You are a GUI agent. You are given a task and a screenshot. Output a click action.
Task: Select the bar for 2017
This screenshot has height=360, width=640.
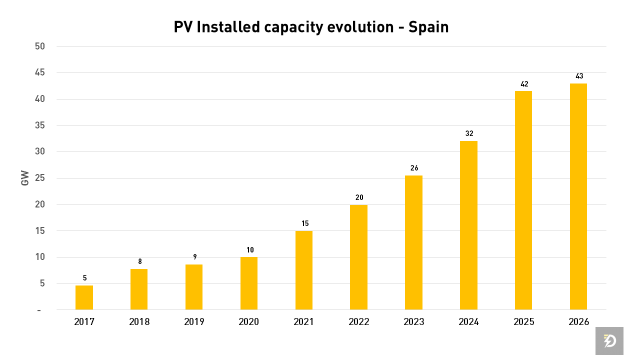click(x=84, y=297)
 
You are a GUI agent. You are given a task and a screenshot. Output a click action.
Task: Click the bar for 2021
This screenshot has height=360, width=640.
click(x=304, y=270)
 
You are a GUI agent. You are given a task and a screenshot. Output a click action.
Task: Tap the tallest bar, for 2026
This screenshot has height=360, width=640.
click(x=578, y=196)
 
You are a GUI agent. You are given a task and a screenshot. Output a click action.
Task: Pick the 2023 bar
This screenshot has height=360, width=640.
click(x=413, y=242)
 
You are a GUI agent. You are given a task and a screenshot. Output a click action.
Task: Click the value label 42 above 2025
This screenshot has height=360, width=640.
click(x=524, y=84)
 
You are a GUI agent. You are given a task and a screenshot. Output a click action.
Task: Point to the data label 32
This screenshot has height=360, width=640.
click(x=469, y=133)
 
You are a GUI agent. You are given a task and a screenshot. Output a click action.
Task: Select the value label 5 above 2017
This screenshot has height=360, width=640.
click(x=84, y=278)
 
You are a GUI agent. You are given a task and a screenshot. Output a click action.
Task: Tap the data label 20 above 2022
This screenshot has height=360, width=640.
click(x=359, y=197)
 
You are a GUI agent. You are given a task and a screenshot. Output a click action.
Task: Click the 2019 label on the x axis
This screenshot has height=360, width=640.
click(x=194, y=322)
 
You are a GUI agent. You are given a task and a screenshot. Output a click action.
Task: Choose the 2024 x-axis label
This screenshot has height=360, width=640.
click(x=468, y=322)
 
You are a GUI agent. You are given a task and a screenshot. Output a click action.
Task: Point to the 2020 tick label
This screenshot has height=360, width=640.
click(x=249, y=322)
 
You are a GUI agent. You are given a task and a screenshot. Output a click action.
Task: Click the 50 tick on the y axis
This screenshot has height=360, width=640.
click(x=39, y=46)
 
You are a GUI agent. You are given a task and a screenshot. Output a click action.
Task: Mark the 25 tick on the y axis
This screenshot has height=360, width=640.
click(x=39, y=178)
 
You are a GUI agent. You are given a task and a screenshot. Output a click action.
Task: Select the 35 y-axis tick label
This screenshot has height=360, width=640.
click(x=39, y=125)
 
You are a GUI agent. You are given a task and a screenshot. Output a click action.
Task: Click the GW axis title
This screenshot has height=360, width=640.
click(x=25, y=178)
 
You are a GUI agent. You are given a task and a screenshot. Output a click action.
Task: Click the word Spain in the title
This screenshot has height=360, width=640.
click(x=428, y=27)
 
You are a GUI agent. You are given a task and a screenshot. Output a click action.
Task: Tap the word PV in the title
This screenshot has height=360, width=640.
click(x=182, y=27)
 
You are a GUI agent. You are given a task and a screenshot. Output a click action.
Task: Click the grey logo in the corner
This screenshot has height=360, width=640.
click(x=609, y=341)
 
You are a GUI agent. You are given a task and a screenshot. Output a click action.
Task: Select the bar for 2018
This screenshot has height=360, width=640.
click(x=139, y=289)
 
